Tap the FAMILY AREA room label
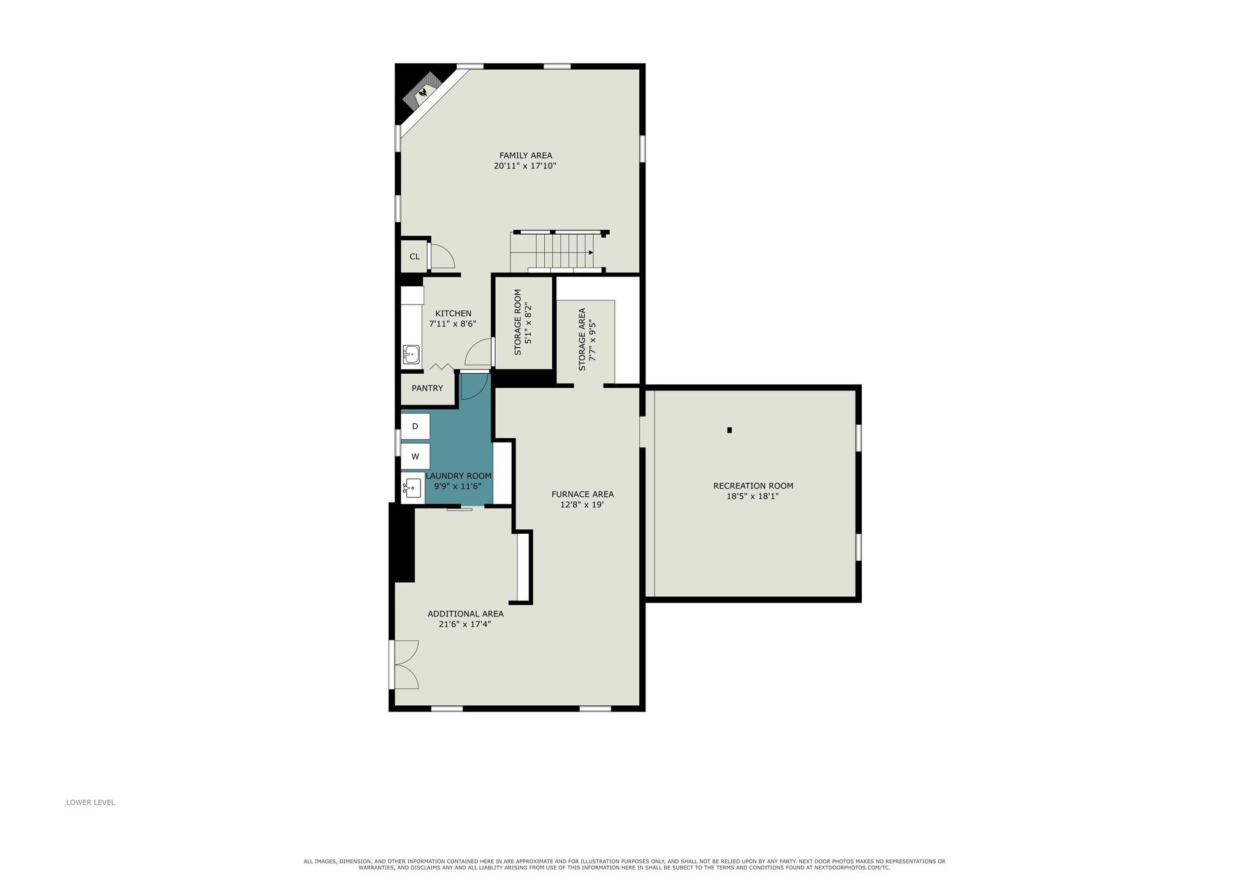tap(525, 156)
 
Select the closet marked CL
tap(414, 256)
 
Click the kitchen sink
tap(411, 354)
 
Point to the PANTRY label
tap(427, 388)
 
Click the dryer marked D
tap(415, 426)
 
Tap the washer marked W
tap(415, 457)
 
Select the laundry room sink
tap(412, 488)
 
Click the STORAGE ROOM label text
tap(517, 322)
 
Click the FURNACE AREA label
tap(582, 495)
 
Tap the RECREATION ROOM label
tap(753, 486)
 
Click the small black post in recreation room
tap(729, 430)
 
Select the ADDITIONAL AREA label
tap(466, 614)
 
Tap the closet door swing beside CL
tap(442, 256)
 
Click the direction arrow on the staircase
tap(591, 252)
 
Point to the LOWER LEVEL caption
tap(91, 802)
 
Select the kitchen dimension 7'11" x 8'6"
tap(453, 324)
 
